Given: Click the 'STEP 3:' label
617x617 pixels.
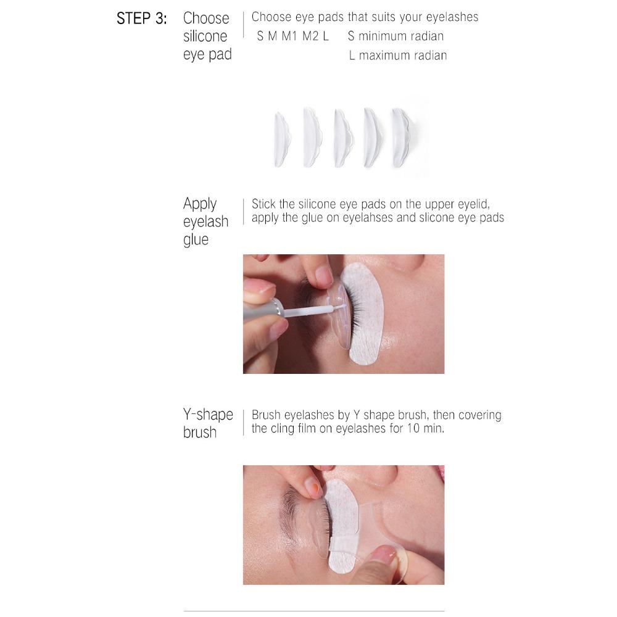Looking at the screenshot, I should point(141,19).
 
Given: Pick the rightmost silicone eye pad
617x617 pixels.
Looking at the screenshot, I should point(401,138).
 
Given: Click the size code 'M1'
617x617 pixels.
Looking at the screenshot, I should point(289,36).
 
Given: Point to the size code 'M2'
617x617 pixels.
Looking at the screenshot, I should point(310,36).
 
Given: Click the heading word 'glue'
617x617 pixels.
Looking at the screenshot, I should point(196,239).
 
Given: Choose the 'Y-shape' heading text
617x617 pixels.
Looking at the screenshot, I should point(208,414).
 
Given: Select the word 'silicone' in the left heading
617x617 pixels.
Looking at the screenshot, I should point(205,36).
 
